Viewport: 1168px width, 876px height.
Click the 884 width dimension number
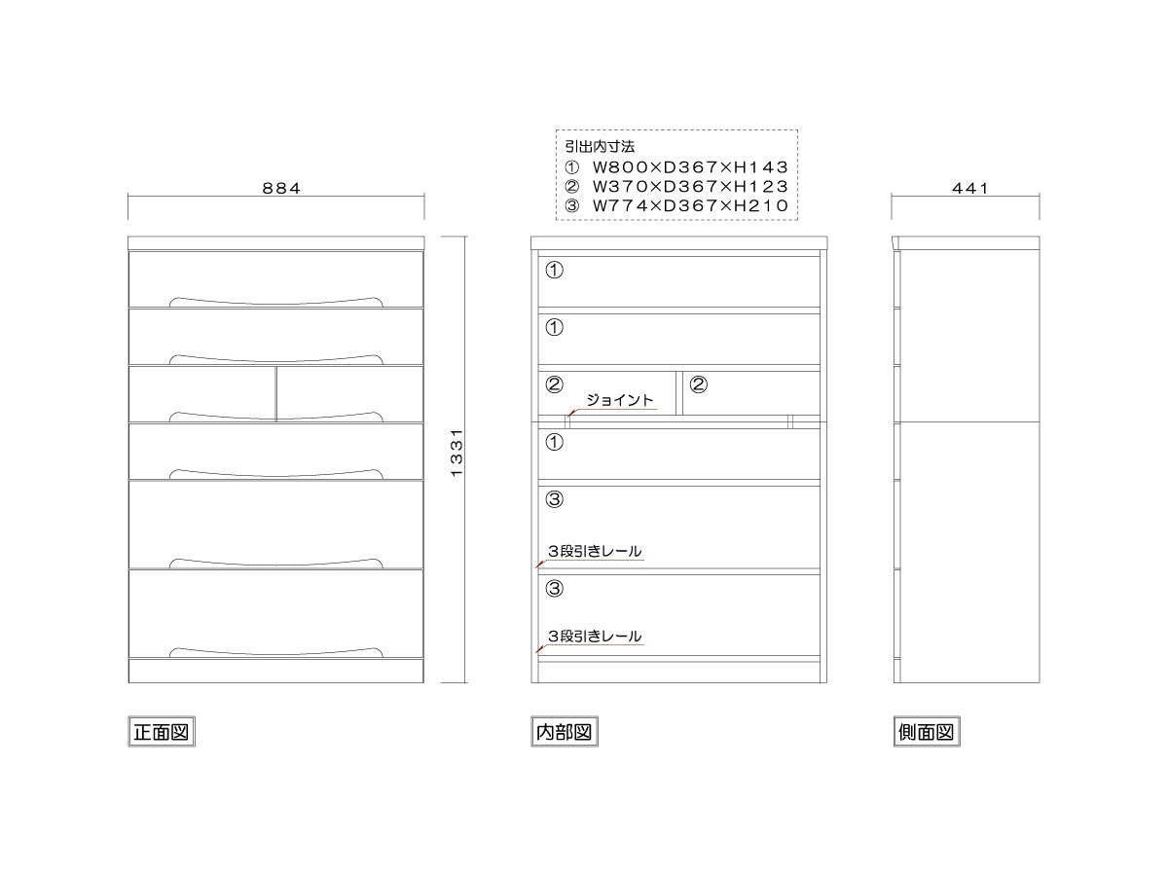tap(281, 188)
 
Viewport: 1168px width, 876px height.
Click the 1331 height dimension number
tap(456, 453)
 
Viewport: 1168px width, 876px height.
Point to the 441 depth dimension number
tap(969, 188)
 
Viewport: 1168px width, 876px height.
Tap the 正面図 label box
tap(162, 732)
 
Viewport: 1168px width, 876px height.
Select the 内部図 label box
tap(564, 732)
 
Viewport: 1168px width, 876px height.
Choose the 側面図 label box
tap(927, 732)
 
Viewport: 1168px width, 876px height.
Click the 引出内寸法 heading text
tap(600, 146)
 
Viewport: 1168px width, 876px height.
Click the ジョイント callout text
tap(619, 400)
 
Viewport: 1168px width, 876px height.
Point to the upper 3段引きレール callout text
tap(595, 551)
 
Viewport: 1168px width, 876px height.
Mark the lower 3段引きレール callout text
tap(595, 637)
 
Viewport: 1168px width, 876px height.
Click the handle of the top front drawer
tap(276, 302)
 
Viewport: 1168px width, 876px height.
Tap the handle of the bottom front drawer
tap(276, 652)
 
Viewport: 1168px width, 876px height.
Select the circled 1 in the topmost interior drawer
tap(555, 271)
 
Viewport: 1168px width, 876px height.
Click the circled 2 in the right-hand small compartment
tap(699, 384)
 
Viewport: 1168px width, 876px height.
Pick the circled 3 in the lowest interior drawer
tap(555, 588)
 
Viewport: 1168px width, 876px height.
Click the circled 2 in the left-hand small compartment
tap(555, 384)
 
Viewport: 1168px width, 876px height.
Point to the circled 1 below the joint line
tap(555, 442)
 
